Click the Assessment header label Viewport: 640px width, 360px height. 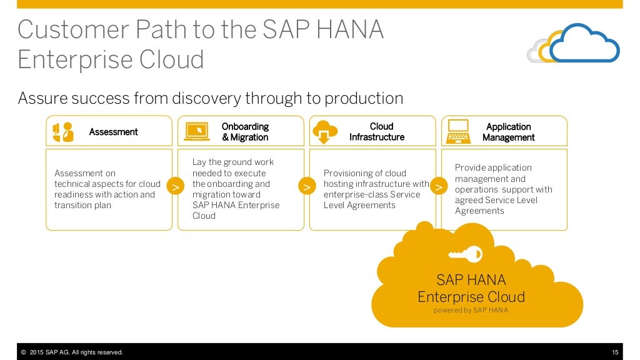tap(113, 132)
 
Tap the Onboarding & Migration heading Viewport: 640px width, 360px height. tap(245, 132)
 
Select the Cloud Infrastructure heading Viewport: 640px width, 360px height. tap(377, 132)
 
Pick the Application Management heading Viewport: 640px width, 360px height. tap(508, 132)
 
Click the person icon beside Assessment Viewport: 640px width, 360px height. tap(63, 132)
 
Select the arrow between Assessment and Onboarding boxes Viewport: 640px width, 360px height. tap(176, 187)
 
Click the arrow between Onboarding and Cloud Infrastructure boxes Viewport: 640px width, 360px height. tap(307, 187)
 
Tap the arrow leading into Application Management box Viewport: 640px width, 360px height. tap(439, 187)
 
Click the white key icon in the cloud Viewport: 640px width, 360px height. tap(466, 254)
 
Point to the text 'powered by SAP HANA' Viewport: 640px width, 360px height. tap(471, 310)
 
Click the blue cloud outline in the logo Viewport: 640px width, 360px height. tap(584, 44)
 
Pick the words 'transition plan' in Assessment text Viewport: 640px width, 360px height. tap(82, 205)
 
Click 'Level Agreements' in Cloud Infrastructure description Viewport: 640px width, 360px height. tap(359, 205)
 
